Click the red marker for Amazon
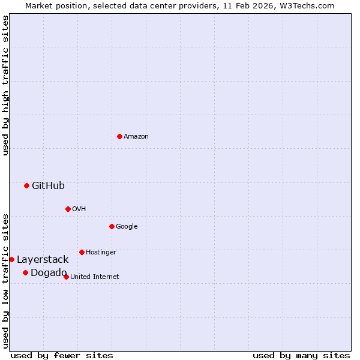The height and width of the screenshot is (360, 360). pos(119,136)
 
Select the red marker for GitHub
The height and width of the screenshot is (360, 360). pos(26,185)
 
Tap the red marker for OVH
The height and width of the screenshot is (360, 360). pos(68,209)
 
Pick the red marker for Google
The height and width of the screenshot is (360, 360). pos(112,226)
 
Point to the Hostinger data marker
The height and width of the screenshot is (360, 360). pos(82,252)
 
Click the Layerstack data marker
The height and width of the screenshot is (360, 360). pos(12,259)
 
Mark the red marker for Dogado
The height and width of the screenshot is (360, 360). pos(25,272)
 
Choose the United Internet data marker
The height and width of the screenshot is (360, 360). pos(66,277)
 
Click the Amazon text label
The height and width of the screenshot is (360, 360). pos(136,137)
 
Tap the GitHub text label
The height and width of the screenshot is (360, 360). pos(48,186)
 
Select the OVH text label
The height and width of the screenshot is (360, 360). pos(79,209)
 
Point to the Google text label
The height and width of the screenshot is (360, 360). pos(127,227)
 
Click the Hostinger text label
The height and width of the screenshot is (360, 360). pos(101,253)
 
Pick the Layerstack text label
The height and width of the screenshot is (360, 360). pos(43,260)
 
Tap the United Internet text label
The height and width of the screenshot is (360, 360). pos(95,277)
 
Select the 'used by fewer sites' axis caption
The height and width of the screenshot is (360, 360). pos(62,355)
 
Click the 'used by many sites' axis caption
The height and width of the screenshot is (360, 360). pos(301,355)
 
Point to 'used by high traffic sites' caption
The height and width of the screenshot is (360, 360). pos(5,85)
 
